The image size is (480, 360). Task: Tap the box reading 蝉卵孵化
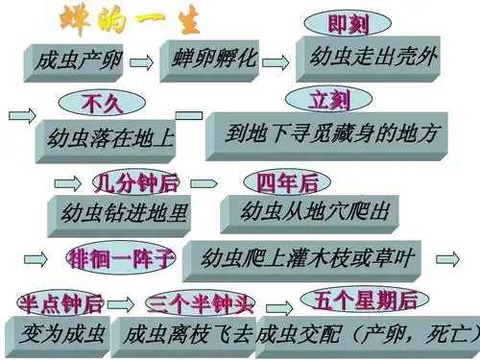click(213, 58)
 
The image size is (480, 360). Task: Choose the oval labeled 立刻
click(328, 99)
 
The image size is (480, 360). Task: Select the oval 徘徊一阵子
click(120, 257)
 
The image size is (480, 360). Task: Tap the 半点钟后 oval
click(61, 303)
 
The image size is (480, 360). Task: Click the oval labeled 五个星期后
click(358, 300)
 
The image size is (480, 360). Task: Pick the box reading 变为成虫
click(60, 332)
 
